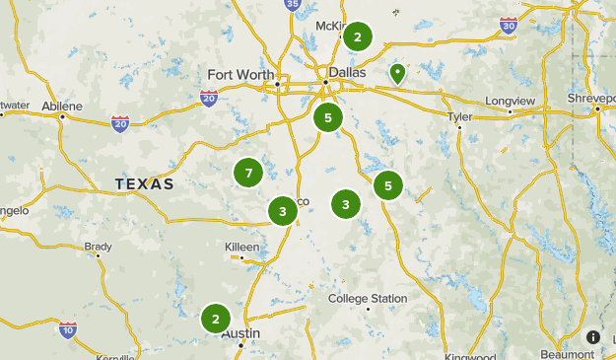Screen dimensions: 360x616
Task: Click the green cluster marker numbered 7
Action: (x=248, y=174)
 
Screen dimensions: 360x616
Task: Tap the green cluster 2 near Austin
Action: (x=215, y=319)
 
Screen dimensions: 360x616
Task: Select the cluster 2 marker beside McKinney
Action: (x=357, y=37)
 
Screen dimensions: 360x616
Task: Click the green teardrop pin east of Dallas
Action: (x=397, y=73)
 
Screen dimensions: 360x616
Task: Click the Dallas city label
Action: (x=347, y=72)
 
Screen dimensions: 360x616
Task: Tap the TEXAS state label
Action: (x=144, y=184)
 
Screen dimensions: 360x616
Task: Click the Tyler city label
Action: (x=460, y=116)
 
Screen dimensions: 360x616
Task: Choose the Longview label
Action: (x=509, y=101)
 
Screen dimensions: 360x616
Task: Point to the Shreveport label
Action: (x=590, y=99)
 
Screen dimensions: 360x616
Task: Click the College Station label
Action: (x=368, y=299)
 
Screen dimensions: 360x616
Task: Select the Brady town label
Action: (x=98, y=246)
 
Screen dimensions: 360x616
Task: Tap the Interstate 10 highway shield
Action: (x=68, y=328)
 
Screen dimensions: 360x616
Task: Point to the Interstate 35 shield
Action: (x=292, y=5)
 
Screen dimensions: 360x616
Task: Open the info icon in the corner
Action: (x=593, y=336)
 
